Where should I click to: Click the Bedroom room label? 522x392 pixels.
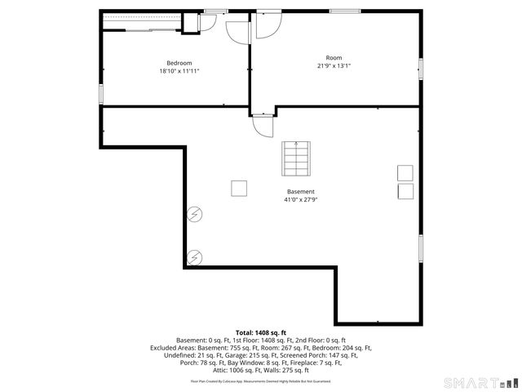pyautogui.click(x=179, y=63)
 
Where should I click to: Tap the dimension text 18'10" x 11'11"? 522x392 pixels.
pyautogui.click(x=179, y=72)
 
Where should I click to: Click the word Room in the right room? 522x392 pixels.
pyautogui.click(x=334, y=57)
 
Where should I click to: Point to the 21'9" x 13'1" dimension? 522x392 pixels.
pyautogui.click(x=334, y=66)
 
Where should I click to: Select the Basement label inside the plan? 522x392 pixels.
pyautogui.click(x=300, y=191)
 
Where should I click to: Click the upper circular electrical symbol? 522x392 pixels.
pyautogui.click(x=196, y=215)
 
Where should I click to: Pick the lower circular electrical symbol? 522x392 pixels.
pyautogui.click(x=196, y=257)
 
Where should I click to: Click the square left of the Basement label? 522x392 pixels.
pyautogui.click(x=239, y=189)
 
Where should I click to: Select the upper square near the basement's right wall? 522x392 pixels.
pyautogui.click(x=405, y=172)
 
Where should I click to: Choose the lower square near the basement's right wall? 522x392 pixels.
pyautogui.click(x=405, y=191)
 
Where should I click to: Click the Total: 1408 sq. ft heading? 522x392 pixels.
pyautogui.click(x=261, y=332)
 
